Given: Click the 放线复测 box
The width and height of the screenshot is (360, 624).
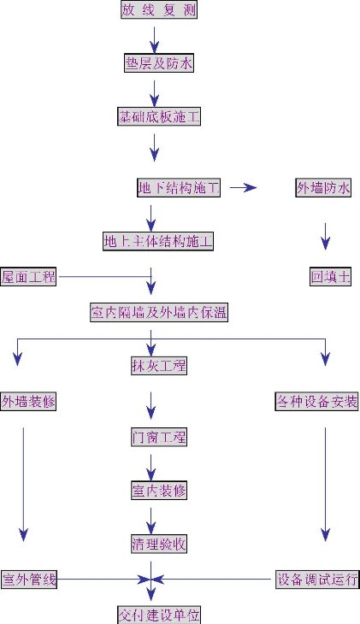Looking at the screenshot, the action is click(159, 9).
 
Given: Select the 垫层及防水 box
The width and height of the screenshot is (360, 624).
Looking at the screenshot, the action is click(159, 63).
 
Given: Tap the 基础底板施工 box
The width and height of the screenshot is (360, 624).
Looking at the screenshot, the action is click(159, 116).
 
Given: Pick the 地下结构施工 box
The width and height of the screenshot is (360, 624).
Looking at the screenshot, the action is click(179, 187).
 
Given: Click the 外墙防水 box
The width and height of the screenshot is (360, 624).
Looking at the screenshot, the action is click(323, 187).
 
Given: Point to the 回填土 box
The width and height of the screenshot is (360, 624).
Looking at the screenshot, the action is click(331, 277).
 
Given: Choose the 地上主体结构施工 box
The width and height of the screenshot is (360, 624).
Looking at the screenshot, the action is click(158, 241).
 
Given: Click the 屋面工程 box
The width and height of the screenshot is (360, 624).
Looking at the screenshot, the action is click(28, 277).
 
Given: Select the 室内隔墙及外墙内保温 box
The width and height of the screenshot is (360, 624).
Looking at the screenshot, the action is click(159, 312).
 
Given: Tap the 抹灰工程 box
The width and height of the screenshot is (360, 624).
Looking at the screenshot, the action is click(159, 365).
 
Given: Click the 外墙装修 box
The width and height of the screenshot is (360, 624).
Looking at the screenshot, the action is click(28, 401).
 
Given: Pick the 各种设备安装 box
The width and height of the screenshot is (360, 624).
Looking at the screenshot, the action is click(317, 401).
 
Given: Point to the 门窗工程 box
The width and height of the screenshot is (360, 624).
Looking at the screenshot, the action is click(159, 437).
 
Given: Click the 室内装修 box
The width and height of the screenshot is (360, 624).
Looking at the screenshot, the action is click(159, 491).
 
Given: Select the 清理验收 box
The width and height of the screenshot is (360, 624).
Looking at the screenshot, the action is click(159, 544).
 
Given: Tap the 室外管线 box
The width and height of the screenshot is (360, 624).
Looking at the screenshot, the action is click(29, 579).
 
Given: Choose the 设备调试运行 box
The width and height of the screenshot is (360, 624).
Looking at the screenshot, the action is click(317, 579).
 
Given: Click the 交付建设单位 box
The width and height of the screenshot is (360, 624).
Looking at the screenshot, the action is click(159, 615).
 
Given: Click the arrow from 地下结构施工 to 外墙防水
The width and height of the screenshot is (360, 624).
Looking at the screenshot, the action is click(244, 187).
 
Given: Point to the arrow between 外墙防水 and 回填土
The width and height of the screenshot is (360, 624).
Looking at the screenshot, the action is click(325, 237).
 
